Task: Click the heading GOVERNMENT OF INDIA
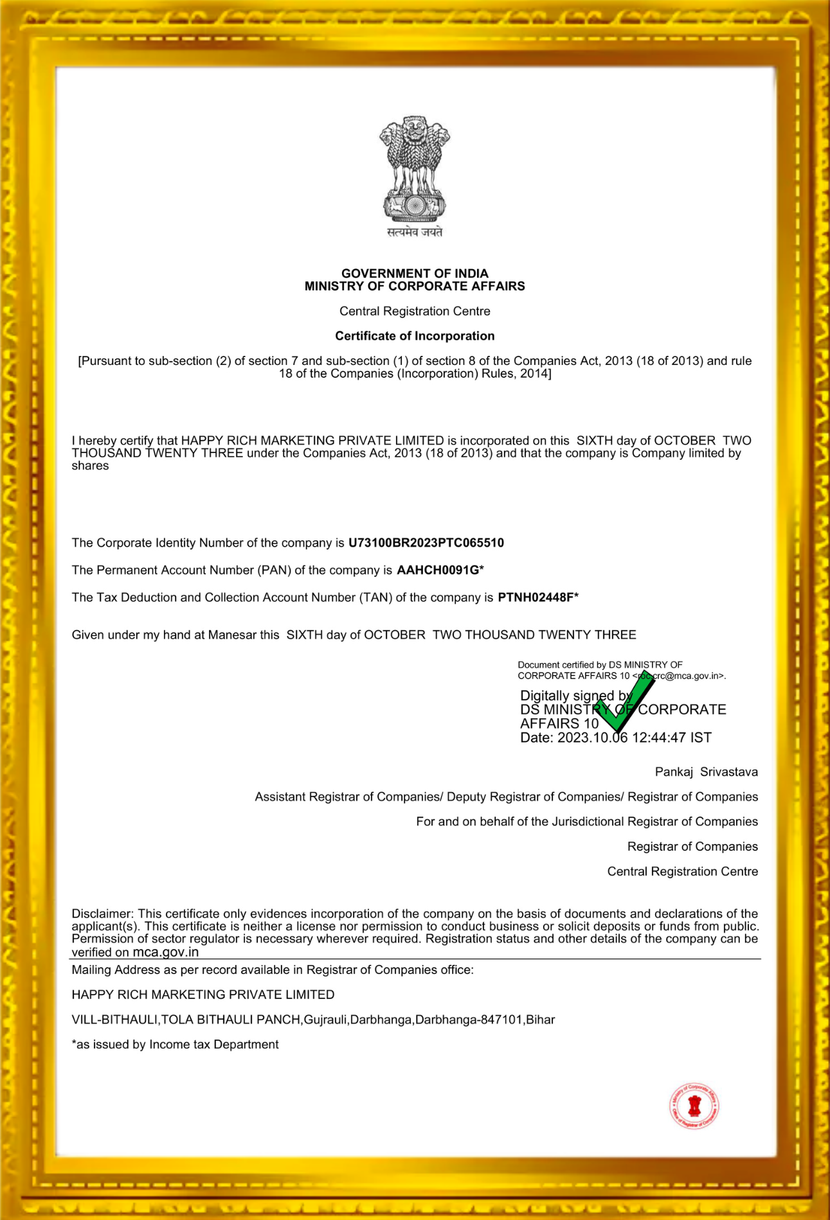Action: [x=415, y=273]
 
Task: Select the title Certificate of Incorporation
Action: [x=415, y=336]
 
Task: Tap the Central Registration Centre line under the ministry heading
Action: [x=415, y=311]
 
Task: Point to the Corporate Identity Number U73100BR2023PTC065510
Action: [x=426, y=543]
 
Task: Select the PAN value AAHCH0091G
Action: [x=438, y=570]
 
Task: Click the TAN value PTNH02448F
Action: [x=536, y=597]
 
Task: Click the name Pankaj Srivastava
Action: [x=706, y=772]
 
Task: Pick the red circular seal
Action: [x=694, y=1106]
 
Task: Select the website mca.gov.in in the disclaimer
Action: [x=165, y=952]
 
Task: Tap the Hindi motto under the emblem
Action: [x=415, y=232]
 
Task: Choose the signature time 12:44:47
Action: [x=659, y=738]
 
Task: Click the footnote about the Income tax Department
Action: [x=175, y=1045]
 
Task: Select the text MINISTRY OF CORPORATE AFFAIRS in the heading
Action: [x=415, y=287]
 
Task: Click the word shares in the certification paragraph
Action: [x=90, y=466]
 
